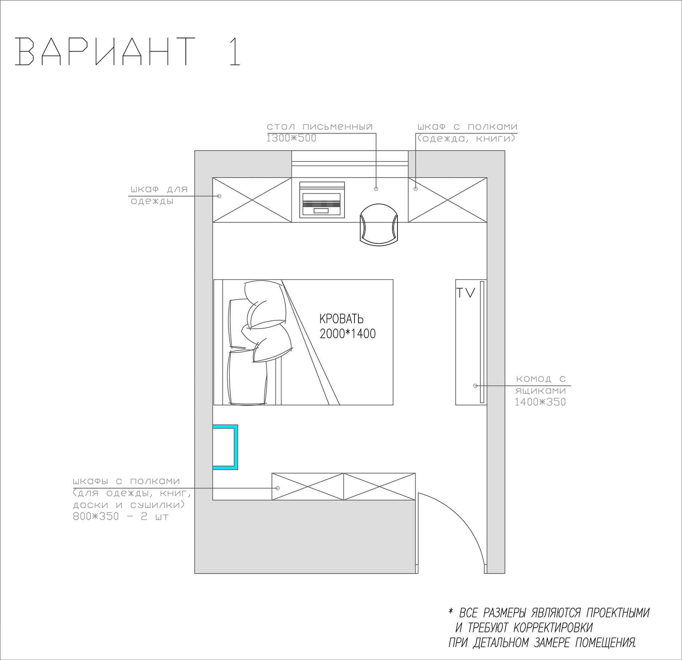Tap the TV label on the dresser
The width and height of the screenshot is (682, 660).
[x=466, y=293]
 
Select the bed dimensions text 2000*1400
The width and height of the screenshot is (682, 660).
[x=347, y=334]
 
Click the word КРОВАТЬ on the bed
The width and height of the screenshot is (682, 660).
[x=341, y=319]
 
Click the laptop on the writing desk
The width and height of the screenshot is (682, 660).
[x=322, y=199]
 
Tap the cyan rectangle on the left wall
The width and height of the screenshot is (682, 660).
[x=225, y=447]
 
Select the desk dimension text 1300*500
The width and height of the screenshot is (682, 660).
[x=291, y=138]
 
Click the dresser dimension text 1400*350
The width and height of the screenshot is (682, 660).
[x=540, y=402]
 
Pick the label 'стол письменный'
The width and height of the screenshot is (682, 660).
[x=320, y=127]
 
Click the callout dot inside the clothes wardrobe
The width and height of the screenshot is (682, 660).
[x=219, y=196]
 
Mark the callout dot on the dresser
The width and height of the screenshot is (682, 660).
[x=475, y=386]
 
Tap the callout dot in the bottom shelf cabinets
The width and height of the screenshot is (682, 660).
[x=278, y=488]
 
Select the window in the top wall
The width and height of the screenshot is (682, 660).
[x=350, y=164]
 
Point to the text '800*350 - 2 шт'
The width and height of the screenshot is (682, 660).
[x=121, y=516]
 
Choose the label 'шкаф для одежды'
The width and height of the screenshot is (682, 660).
[x=158, y=195]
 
